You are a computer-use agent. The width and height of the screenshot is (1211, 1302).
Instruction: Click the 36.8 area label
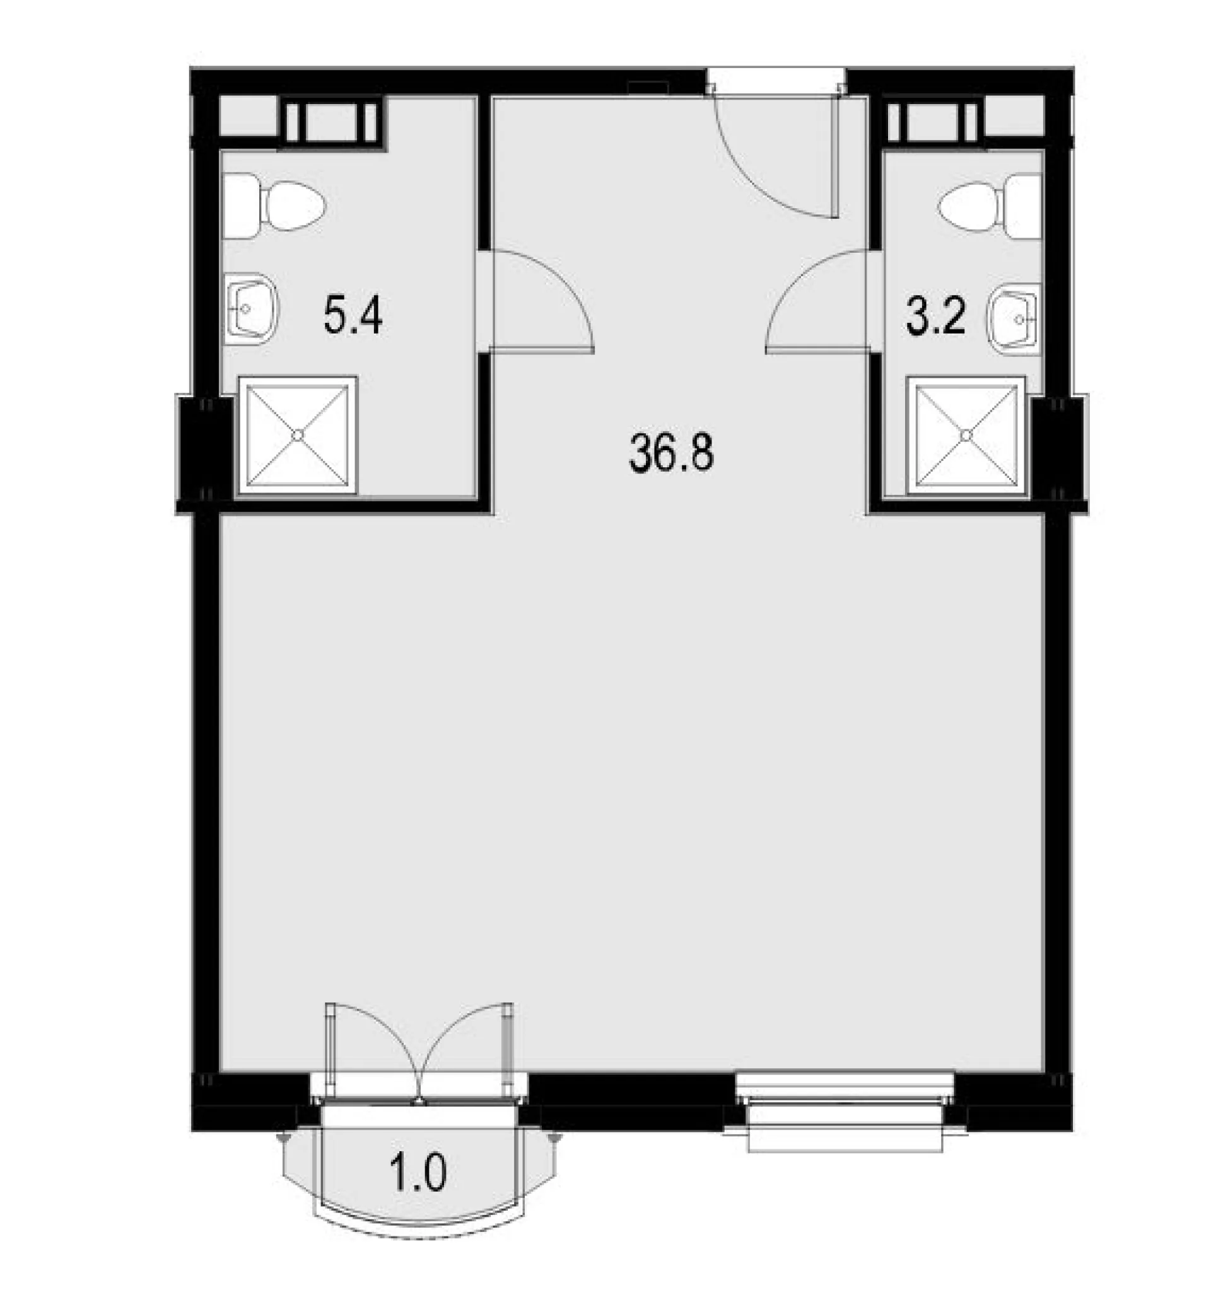pos(671,452)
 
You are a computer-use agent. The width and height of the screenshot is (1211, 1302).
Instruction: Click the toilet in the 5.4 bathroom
pos(274,206)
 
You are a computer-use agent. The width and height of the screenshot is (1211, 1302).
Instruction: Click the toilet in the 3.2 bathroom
pos(990,206)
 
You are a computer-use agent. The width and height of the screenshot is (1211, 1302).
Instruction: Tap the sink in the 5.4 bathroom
pos(252,309)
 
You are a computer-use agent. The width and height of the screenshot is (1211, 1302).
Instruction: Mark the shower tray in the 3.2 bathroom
pos(966,435)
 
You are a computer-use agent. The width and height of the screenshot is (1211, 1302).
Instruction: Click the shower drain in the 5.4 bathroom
pos(298,435)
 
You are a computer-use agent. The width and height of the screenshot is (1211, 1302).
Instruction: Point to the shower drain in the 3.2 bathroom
pos(966,435)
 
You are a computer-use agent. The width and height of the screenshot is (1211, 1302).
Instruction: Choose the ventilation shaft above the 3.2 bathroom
pos(935,123)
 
